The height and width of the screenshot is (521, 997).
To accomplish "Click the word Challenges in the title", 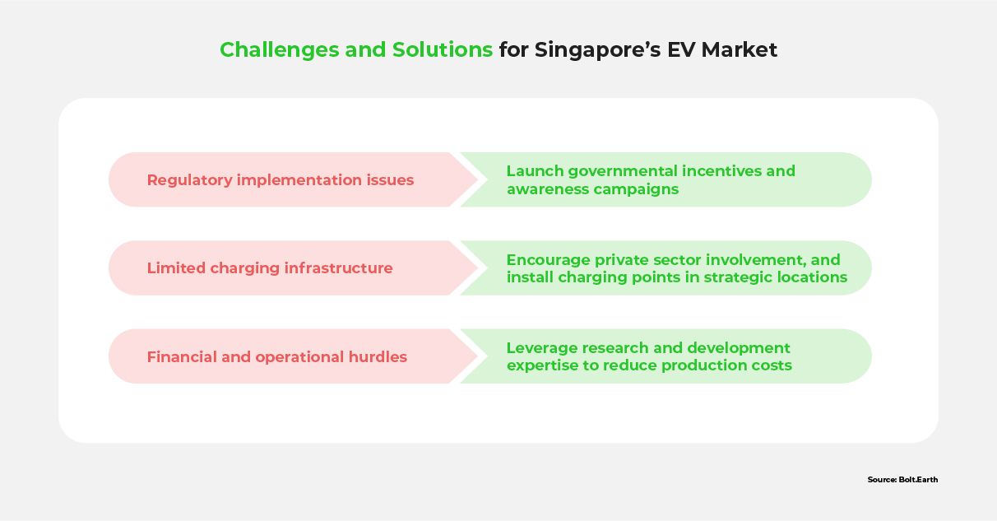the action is tap(280, 50).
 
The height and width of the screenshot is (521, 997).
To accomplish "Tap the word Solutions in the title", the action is tap(443, 49).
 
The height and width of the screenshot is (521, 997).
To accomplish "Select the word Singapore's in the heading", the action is tap(598, 50).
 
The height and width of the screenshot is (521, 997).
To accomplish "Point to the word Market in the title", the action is tap(740, 49).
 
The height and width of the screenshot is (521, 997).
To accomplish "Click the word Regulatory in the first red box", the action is tap(190, 180).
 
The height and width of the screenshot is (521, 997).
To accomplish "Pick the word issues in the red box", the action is tap(390, 180).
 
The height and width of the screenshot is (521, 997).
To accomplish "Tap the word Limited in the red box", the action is tap(176, 268).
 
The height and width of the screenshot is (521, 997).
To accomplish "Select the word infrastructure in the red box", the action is tap(339, 268).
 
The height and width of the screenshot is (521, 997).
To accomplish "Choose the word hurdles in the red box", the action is tap(378, 356).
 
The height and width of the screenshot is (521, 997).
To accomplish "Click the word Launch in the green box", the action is tap(535, 171).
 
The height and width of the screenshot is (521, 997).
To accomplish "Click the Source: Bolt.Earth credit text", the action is tap(902, 480).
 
